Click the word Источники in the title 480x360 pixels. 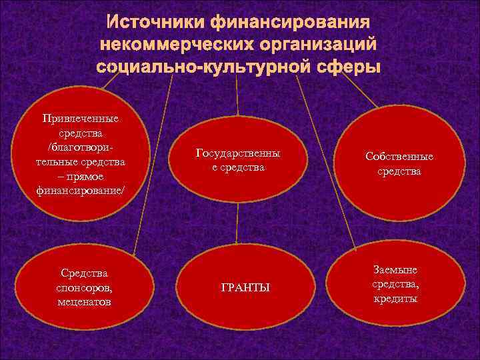(x=156, y=22)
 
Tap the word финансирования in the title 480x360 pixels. (x=291, y=22)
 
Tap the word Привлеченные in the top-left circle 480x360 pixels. (x=80, y=119)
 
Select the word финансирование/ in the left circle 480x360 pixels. (x=80, y=190)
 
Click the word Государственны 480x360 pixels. (x=238, y=153)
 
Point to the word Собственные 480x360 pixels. (x=399, y=157)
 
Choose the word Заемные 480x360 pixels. (x=395, y=269)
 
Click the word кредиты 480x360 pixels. (x=395, y=299)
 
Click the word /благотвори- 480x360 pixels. (x=80, y=147)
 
